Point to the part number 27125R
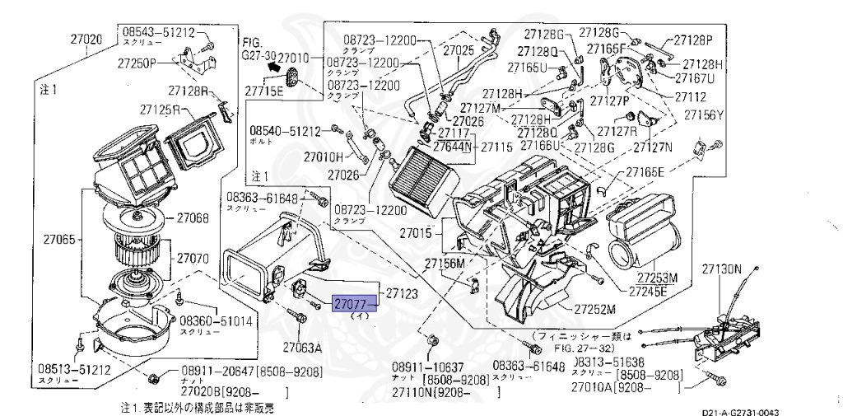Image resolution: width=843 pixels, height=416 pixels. (x=160, y=109)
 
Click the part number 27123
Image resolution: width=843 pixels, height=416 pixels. (x=403, y=292)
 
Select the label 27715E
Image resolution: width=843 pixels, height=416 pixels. (x=263, y=90)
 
